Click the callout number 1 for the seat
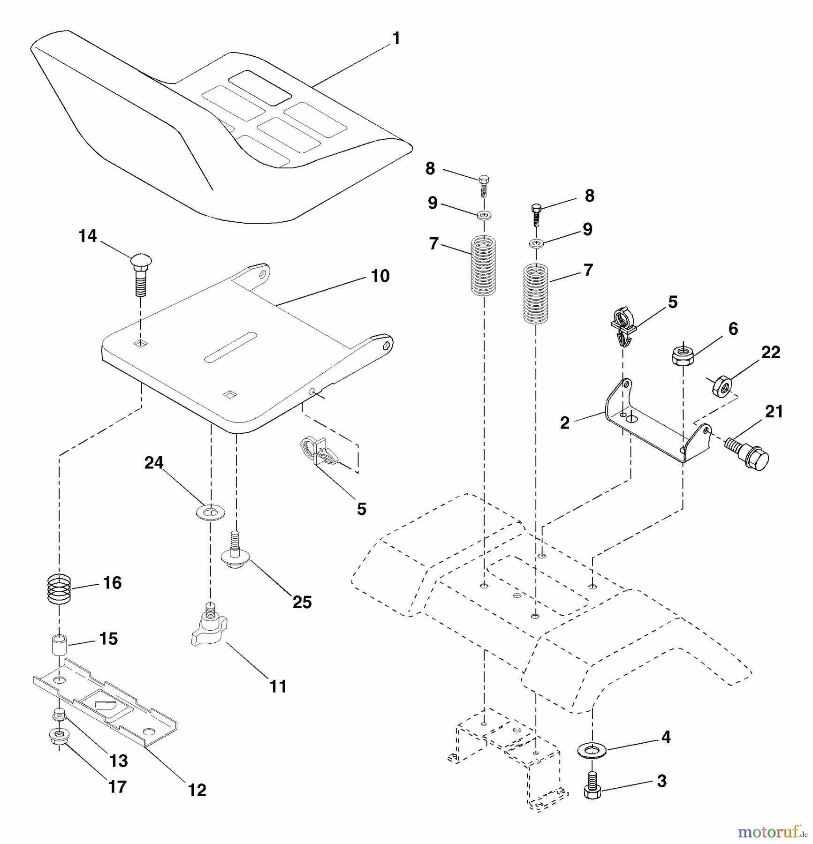point(396,38)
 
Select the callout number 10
point(380,276)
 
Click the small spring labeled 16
point(59,589)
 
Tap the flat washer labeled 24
point(210,512)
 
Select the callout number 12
point(197,790)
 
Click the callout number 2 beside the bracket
point(564,422)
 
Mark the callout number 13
point(118,761)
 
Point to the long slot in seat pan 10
point(230,347)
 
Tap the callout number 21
point(774,412)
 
